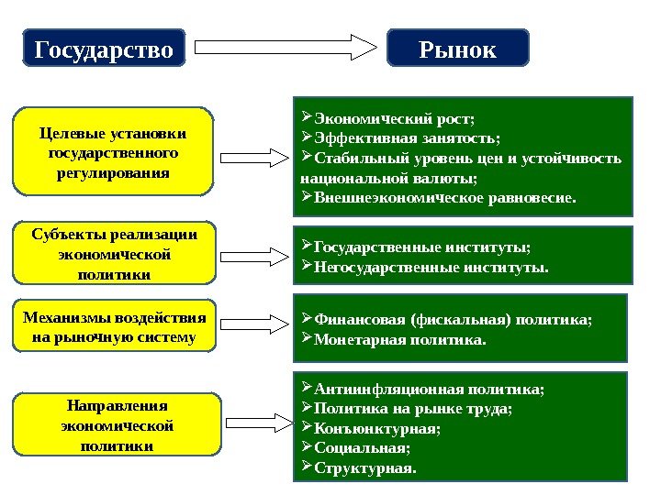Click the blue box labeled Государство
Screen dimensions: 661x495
coord(103,48)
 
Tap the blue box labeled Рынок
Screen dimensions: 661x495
coord(458,48)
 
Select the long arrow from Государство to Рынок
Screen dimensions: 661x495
coord(285,48)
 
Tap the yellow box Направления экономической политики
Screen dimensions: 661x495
coord(117,424)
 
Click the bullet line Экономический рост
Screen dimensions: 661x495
coord(395,119)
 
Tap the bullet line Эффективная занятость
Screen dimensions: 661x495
coord(408,138)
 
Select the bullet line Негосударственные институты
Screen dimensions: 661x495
coord(431,268)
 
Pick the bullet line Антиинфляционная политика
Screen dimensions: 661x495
coord(429,389)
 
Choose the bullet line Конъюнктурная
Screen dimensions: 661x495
coord(377,428)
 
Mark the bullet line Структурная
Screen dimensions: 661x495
coord(364,468)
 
